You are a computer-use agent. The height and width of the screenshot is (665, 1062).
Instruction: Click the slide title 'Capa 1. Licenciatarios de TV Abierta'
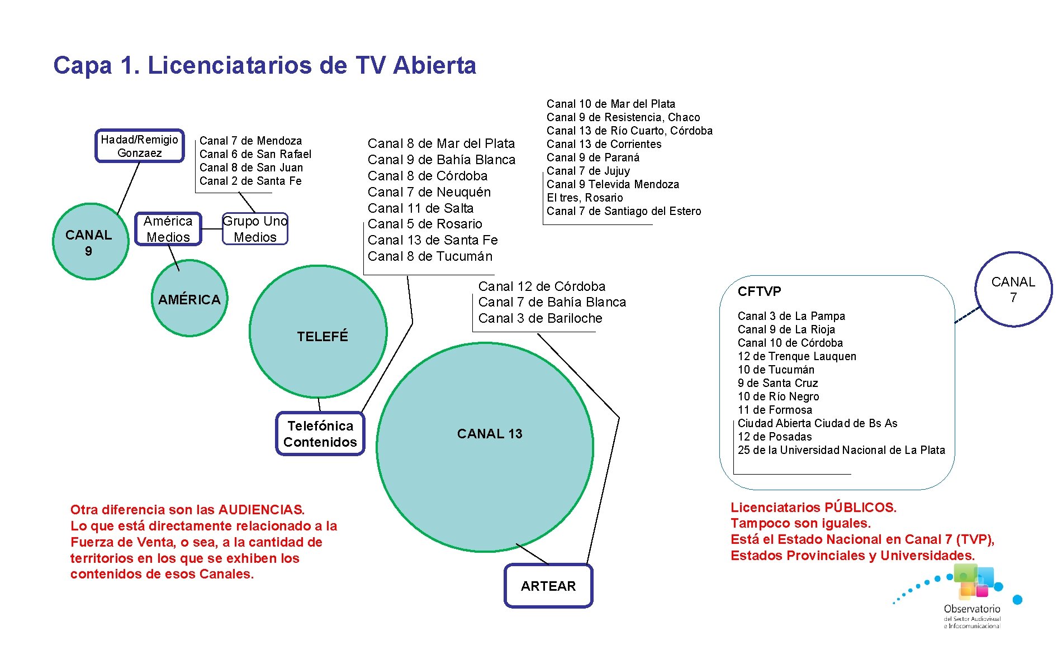pos(264,65)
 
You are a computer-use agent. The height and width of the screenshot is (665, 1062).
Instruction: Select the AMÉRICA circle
pos(189,299)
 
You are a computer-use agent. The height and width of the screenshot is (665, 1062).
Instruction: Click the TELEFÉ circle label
pos(323,336)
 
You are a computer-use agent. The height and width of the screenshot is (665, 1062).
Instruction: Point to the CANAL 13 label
pos(489,434)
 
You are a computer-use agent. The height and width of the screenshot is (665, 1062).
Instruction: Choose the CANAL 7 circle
pos(1013,289)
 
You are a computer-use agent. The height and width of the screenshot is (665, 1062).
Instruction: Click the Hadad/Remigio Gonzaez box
pos(140,146)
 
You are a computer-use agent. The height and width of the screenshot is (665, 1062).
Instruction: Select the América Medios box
pos(168,229)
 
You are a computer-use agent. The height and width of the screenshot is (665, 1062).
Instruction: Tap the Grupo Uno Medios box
pos(255,229)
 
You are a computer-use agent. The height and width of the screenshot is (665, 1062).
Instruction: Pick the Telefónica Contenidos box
pos(320,434)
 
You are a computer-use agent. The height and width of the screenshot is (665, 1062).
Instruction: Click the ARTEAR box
pos(548,586)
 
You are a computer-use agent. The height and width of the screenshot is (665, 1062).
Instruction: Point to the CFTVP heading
pos(759,291)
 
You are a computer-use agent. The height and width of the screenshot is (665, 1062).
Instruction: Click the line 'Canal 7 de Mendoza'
pos(250,141)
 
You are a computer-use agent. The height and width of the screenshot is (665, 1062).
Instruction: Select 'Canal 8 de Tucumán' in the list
pos(430,256)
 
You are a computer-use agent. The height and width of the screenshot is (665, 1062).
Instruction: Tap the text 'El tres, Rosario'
pos(585,198)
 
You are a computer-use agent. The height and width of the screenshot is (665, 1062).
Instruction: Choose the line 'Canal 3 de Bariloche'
pos(540,318)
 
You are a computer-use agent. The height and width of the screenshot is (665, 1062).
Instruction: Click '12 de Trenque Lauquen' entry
pos(796,356)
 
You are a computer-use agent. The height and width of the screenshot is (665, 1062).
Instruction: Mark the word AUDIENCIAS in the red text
pos(261,510)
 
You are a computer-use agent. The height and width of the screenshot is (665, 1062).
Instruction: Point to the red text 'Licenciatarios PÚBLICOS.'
pos(813,508)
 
